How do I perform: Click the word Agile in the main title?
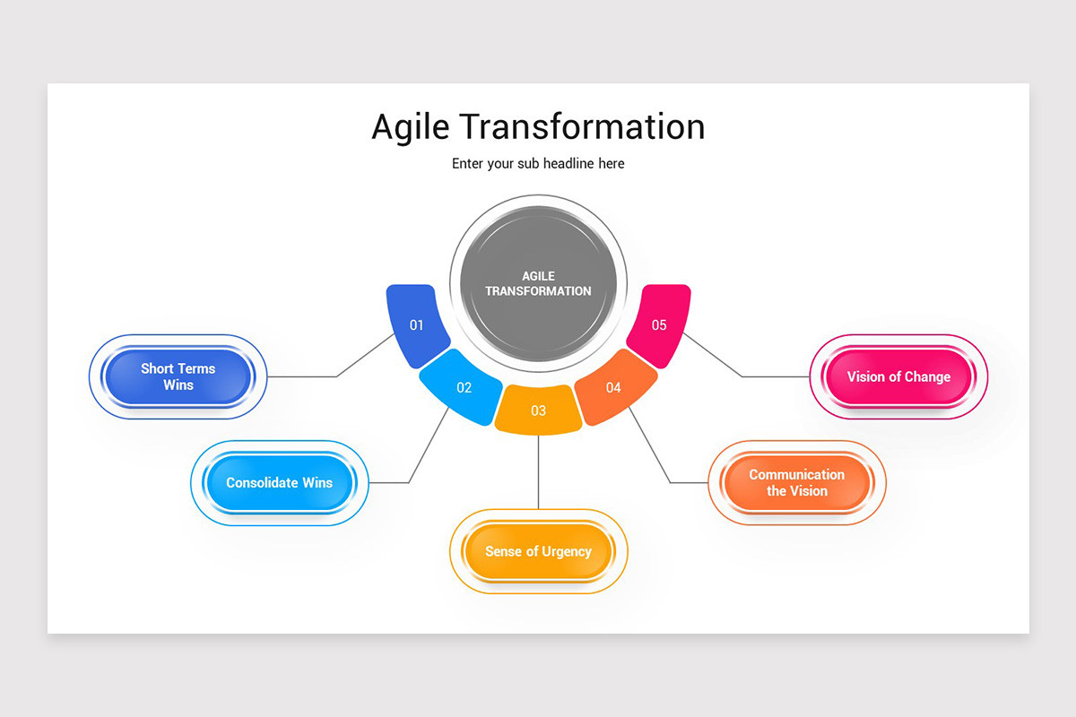[x=411, y=127]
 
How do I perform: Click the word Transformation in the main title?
[x=585, y=126]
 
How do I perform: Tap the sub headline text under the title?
[x=538, y=163]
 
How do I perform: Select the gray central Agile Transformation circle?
[x=538, y=283]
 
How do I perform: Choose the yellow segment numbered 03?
[x=538, y=410]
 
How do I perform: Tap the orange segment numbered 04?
[x=614, y=387]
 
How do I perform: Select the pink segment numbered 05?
[x=659, y=325]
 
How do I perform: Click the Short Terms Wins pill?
[x=178, y=376]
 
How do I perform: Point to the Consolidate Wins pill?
[x=280, y=482]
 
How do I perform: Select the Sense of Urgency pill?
[x=538, y=551]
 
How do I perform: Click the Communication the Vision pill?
[x=796, y=482]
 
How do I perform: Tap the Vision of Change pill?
[x=898, y=376]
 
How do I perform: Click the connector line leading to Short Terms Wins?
[x=305, y=376]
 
